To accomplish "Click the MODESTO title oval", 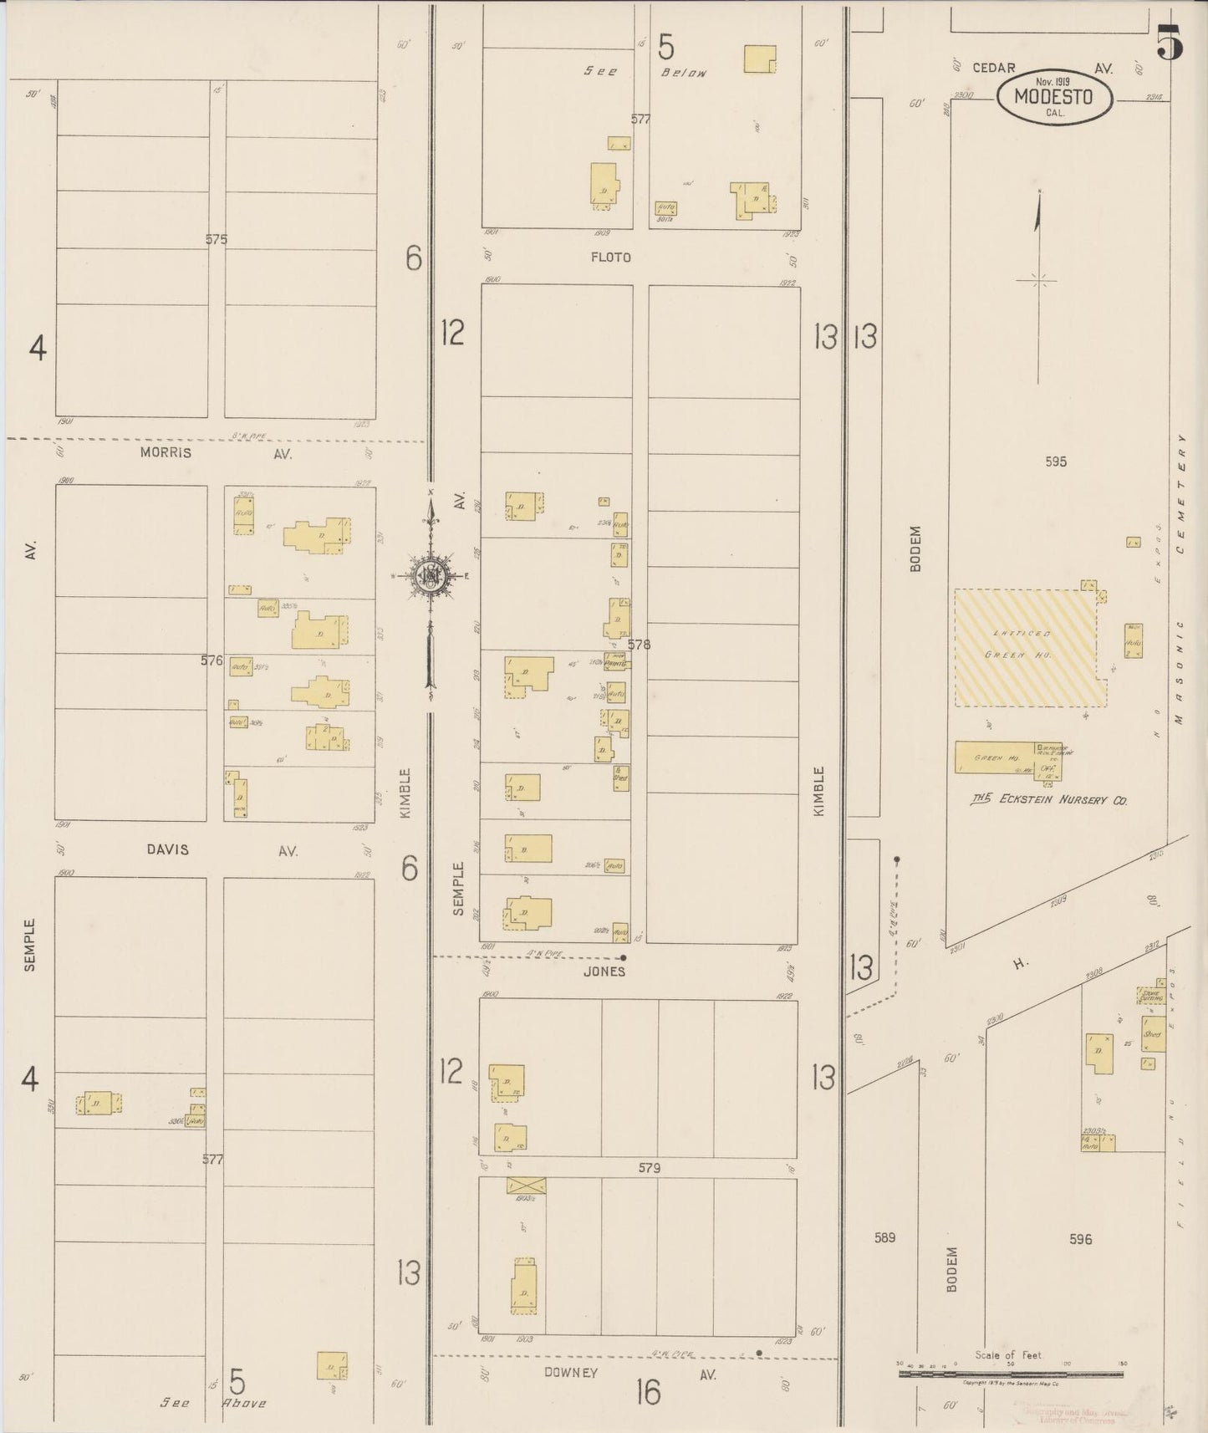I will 1054,97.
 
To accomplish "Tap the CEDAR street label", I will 993,68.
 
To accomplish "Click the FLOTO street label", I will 610,258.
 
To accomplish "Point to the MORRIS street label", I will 166,452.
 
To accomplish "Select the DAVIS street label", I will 167,849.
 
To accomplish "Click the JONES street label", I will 604,971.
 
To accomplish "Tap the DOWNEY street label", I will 571,1373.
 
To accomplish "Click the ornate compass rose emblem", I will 430,576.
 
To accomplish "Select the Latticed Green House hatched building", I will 1026,647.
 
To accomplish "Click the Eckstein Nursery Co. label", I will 1049,800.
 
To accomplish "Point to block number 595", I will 1055,462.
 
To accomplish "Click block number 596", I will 1080,1240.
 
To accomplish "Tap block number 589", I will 884,1237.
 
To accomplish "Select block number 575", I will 216,239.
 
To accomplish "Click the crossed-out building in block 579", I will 526,1185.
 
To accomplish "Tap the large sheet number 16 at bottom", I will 648,1392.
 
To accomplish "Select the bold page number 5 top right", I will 1170,43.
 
